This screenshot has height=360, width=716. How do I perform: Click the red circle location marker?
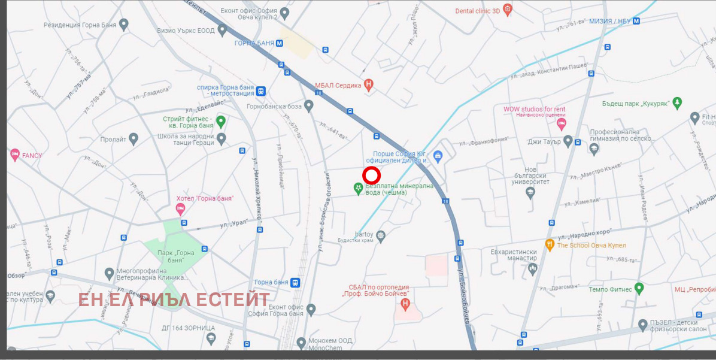point(372,176)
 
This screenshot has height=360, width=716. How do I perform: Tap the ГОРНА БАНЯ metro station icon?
point(280,43)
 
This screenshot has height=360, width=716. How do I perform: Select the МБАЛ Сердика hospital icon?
point(369,85)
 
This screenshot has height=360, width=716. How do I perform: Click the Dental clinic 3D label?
point(478,11)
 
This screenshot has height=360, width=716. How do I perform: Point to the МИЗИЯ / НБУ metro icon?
point(636,21)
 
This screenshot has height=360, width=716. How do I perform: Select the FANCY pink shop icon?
point(15,155)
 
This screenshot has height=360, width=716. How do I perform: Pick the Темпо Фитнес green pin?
point(639,289)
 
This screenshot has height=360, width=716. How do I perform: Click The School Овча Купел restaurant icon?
point(550,244)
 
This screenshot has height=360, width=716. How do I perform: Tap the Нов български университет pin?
point(530,192)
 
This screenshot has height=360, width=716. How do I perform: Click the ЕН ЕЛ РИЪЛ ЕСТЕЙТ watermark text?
point(174,300)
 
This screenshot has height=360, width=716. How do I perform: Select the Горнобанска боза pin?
point(309,106)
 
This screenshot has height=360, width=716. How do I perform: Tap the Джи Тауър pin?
point(568,141)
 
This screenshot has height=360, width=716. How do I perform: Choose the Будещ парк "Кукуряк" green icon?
point(677,103)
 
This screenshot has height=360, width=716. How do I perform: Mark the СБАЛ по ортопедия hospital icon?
point(406,305)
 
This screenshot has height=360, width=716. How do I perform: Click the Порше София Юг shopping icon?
point(438,157)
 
